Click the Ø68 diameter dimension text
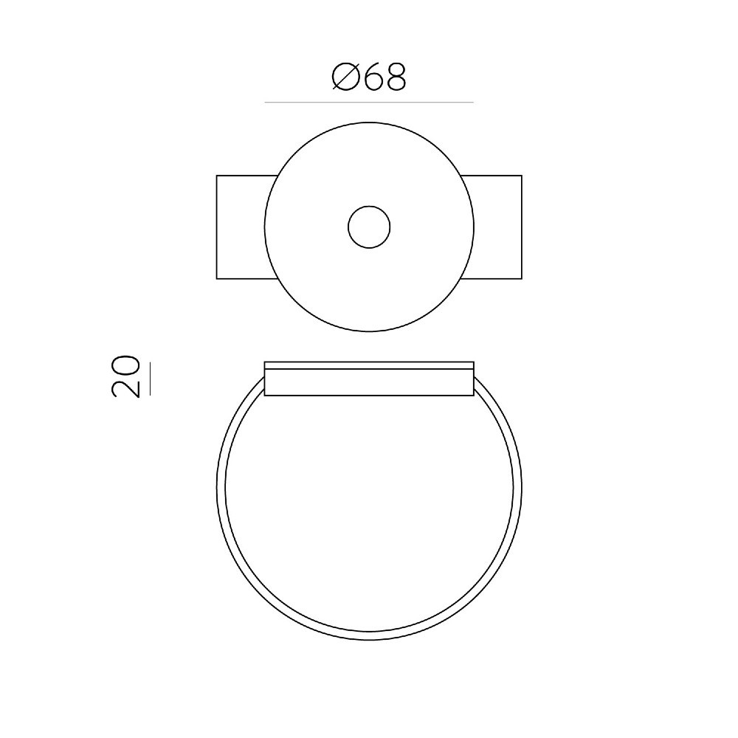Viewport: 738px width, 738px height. click(369, 77)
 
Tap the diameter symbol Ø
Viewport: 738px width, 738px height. click(345, 77)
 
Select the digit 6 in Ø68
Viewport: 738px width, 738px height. click(373, 77)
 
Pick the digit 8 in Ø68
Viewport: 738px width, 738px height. click(396, 77)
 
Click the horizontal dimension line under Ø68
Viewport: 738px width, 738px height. click(369, 102)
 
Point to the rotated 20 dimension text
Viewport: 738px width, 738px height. click(125, 376)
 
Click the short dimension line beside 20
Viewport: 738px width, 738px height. click(150, 379)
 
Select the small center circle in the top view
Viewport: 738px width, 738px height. click(369, 227)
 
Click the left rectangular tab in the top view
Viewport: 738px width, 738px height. click(245, 227)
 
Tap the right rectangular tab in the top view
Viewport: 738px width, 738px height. click(492, 227)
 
